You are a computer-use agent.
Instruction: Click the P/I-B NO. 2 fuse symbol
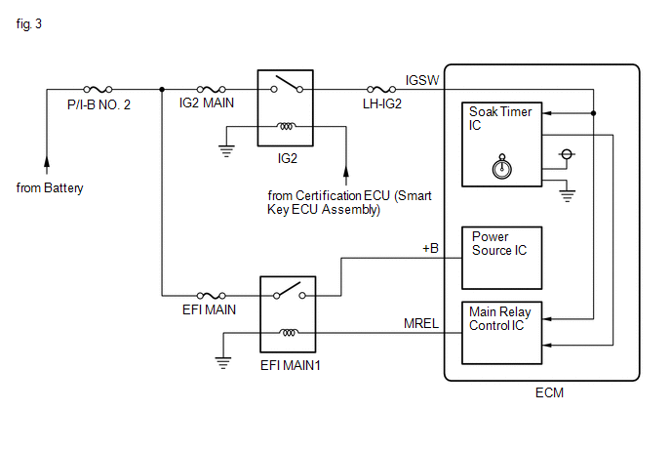tap(98, 89)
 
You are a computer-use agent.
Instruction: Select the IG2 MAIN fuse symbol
tap(211, 89)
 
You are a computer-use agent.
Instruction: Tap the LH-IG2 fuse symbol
tap(381, 89)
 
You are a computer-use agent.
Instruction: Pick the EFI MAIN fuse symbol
tap(211, 295)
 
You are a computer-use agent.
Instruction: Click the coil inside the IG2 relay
tap(286, 126)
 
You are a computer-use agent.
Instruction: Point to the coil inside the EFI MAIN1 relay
tap(289, 333)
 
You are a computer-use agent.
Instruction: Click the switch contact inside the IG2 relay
tap(287, 84)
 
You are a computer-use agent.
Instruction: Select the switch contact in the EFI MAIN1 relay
tap(290, 291)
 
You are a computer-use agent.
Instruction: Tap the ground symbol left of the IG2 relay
tap(226, 151)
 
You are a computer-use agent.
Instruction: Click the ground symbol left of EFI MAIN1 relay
tap(223, 363)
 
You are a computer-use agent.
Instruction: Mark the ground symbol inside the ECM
tap(567, 196)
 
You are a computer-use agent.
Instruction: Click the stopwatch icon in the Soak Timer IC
tap(502, 167)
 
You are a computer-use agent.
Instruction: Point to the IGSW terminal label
tap(422, 80)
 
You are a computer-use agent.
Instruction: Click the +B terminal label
tap(430, 248)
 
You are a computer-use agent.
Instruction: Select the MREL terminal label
tap(421, 323)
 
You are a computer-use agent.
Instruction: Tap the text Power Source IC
tap(499, 243)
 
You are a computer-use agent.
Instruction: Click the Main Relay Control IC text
tap(499, 318)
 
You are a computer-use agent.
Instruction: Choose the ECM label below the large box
tap(549, 392)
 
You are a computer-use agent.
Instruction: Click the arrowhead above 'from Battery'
tap(47, 161)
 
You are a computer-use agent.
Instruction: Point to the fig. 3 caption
tap(29, 23)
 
